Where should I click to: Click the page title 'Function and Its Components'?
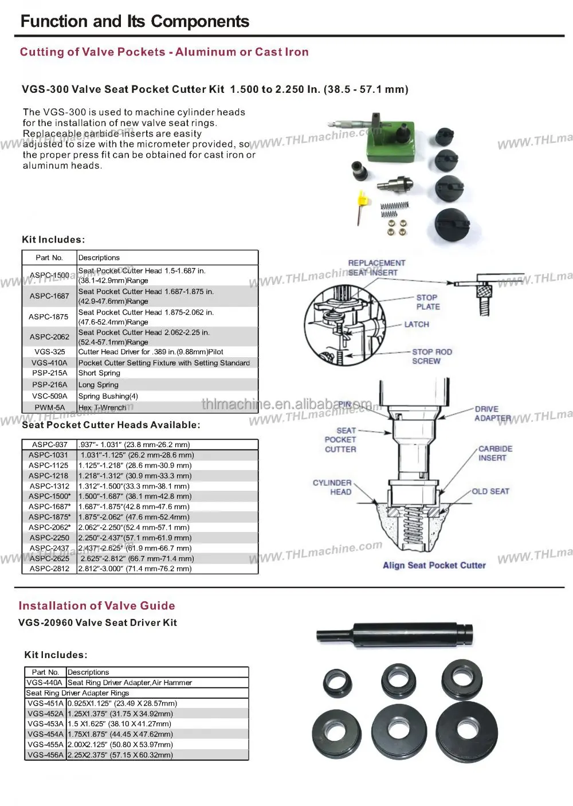click(135, 22)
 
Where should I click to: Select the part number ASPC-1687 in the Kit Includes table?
click(49, 296)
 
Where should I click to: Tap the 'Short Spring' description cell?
click(99, 373)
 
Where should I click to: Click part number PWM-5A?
click(49, 408)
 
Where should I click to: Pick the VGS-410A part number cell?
click(49, 363)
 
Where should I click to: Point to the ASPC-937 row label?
click(50, 444)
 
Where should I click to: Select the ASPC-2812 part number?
click(49, 569)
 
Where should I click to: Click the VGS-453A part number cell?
click(45, 724)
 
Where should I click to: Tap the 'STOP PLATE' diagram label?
click(427, 302)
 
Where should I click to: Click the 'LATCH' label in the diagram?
click(417, 324)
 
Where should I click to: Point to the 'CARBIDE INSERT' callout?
click(495, 453)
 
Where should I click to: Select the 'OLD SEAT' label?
click(490, 491)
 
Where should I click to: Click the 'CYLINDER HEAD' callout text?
click(332, 487)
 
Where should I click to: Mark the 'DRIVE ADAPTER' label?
click(487, 413)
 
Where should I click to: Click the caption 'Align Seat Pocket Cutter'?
click(434, 565)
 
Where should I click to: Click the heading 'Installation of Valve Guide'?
click(97, 606)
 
